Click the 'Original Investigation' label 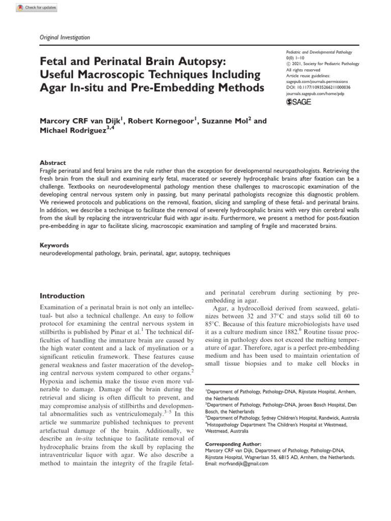coord(65,37)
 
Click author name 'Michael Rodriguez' coord(72,132)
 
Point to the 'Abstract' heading coord(52,163)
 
